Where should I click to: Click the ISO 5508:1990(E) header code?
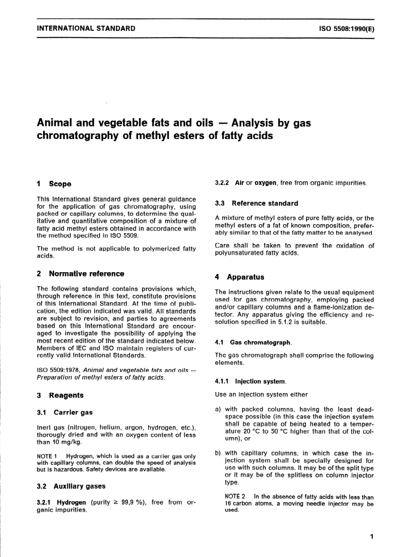[346, 29]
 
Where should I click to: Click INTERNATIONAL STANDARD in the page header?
[86, 28]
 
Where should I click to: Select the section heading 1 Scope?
[54, 184]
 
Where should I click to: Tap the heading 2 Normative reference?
[80, 274]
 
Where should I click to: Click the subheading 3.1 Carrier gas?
[65, 413]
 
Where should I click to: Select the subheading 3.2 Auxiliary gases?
[71, 486]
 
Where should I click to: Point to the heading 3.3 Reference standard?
[256, 204]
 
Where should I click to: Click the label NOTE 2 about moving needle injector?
[235, 497]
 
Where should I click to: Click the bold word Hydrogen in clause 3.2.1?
[71, 503]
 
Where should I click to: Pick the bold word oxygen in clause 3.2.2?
[266, 183]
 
